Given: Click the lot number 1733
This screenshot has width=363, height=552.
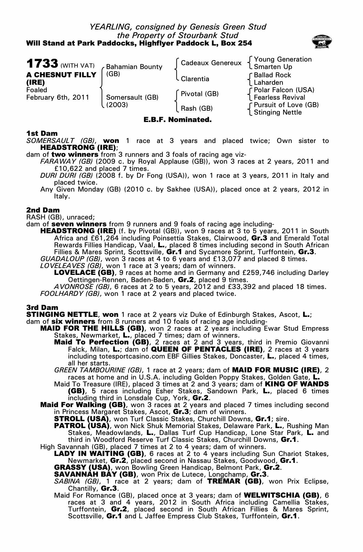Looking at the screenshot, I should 42,63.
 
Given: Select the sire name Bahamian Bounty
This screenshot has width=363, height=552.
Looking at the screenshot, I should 134,67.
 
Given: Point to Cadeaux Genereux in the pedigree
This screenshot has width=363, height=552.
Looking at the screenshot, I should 211,63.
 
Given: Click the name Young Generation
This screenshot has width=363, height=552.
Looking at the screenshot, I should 283,59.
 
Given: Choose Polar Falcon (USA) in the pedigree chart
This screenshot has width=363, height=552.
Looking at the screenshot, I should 284,90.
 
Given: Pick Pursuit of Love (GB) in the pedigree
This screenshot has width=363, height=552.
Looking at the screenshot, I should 286,105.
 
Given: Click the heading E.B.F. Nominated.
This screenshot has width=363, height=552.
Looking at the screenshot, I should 178,120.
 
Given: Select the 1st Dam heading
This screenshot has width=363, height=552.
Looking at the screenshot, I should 42,134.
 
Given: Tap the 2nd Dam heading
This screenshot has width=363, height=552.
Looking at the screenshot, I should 43,210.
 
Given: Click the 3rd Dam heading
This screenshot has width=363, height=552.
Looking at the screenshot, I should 42,307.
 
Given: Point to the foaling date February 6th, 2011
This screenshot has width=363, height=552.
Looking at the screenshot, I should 58,97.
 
